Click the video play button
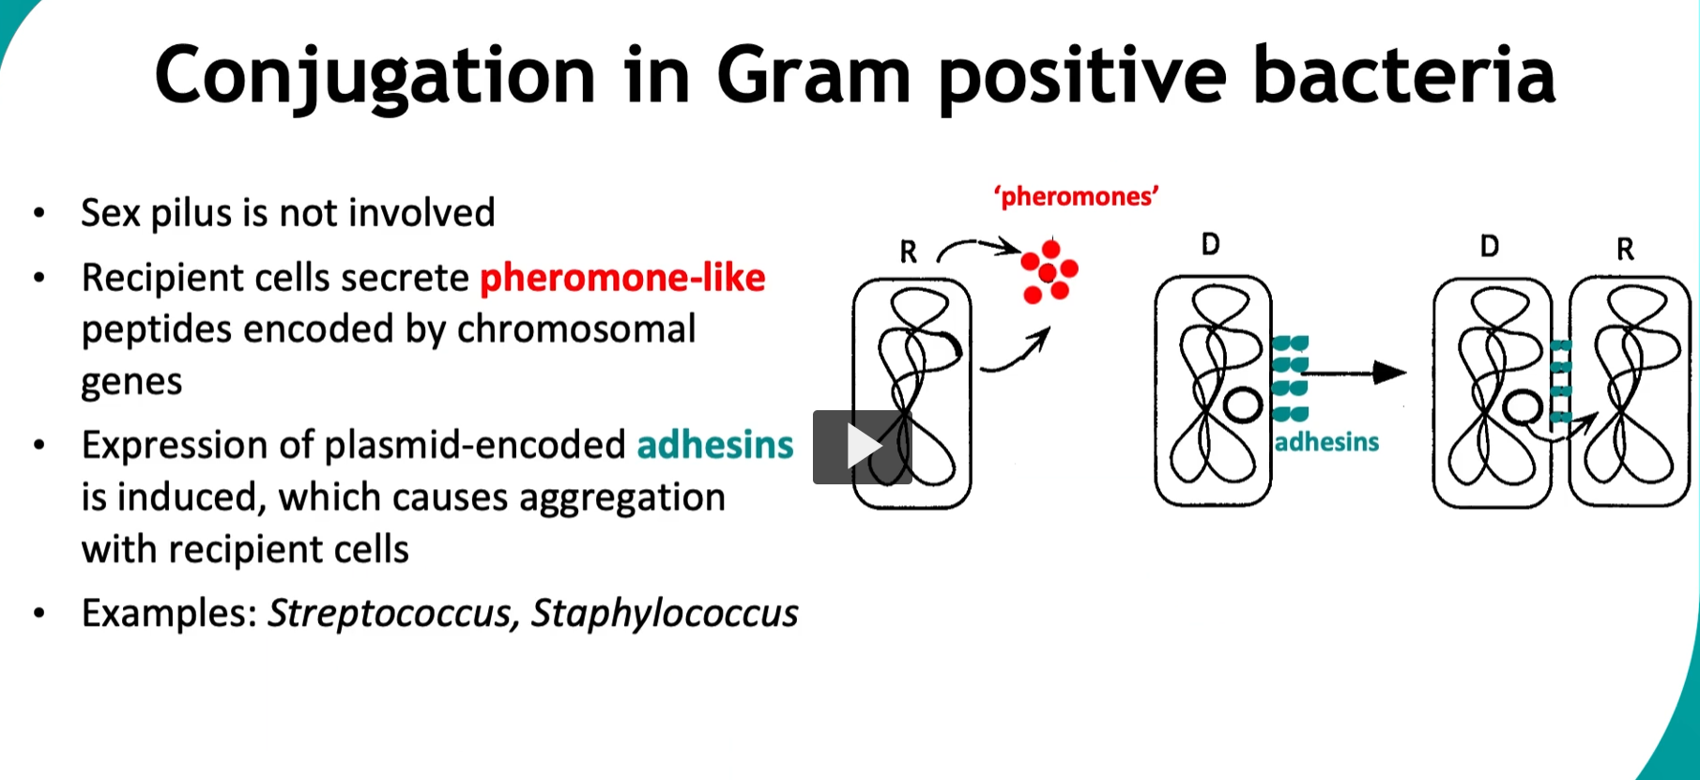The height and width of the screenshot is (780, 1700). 862,447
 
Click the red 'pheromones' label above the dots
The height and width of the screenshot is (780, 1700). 1076,196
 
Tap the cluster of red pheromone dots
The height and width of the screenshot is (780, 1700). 1049,272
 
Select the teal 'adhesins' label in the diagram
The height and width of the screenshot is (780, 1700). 1326,442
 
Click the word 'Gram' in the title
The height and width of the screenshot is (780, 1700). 813,75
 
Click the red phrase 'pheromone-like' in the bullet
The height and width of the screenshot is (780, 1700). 622,278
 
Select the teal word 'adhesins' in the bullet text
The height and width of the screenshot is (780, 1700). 715,445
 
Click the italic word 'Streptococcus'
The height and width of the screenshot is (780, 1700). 390,613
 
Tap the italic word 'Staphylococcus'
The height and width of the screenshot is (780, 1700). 665,613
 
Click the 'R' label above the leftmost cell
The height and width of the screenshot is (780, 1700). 908,252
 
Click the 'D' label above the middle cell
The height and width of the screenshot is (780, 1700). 1210,245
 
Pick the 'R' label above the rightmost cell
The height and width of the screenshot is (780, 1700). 1625,249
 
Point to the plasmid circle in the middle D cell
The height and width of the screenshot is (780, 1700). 1243,405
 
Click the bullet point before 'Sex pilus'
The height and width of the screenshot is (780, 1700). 38,213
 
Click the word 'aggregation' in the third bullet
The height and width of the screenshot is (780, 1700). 621,497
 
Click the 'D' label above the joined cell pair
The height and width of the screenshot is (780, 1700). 1489,246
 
